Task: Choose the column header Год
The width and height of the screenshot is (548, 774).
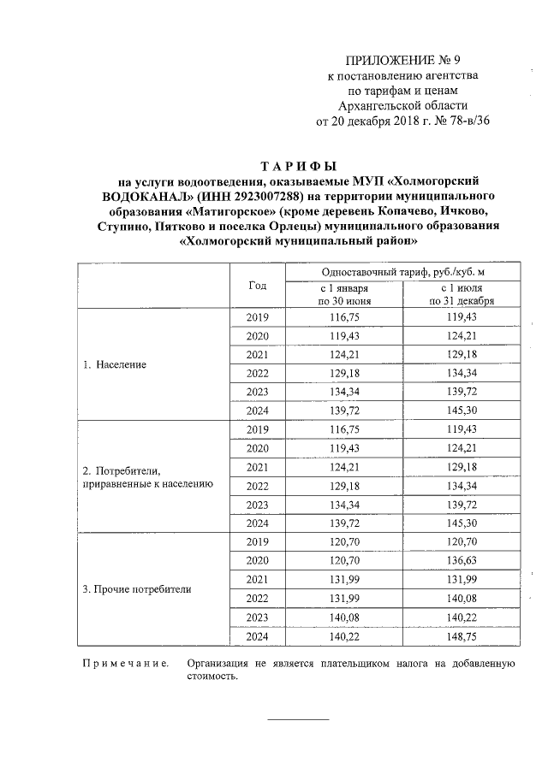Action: [257, 285]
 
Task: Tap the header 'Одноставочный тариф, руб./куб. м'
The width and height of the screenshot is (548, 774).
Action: [402, 271]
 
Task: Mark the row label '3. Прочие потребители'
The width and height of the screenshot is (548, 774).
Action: [136, 589]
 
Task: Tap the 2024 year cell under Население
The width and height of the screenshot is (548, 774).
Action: [257, 411]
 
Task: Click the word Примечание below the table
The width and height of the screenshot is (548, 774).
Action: [125, 664]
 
